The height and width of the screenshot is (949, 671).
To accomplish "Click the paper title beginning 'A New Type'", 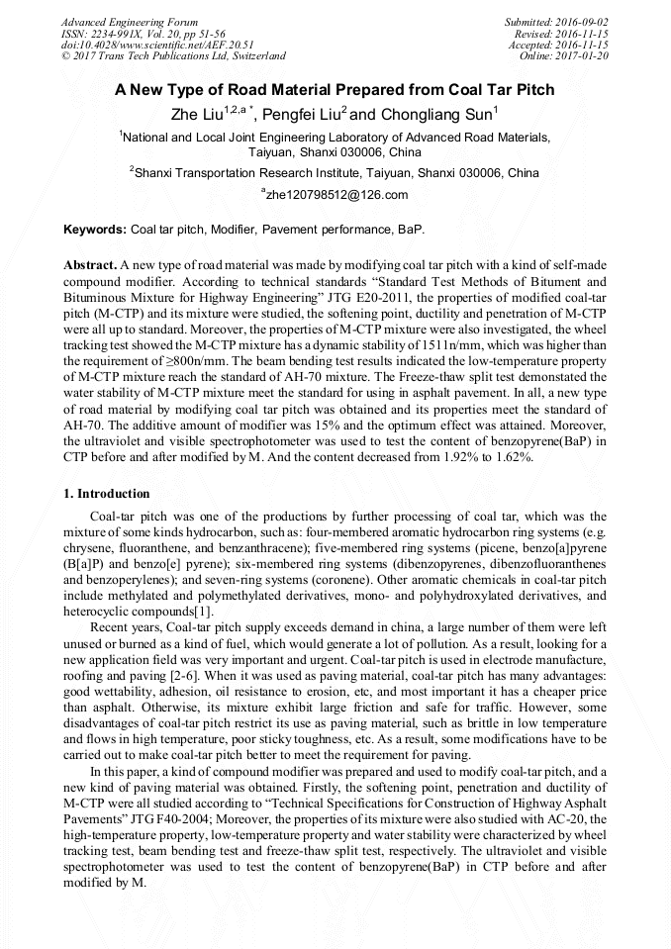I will (x=335, y=90).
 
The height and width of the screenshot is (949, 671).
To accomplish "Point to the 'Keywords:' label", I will (x=95, y=230).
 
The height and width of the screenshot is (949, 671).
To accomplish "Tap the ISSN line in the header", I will (x=144, y=34).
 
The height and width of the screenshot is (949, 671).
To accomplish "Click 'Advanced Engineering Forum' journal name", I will (x=129, y=22).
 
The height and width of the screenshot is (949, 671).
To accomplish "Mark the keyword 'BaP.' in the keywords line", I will (x=411, y=230).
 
